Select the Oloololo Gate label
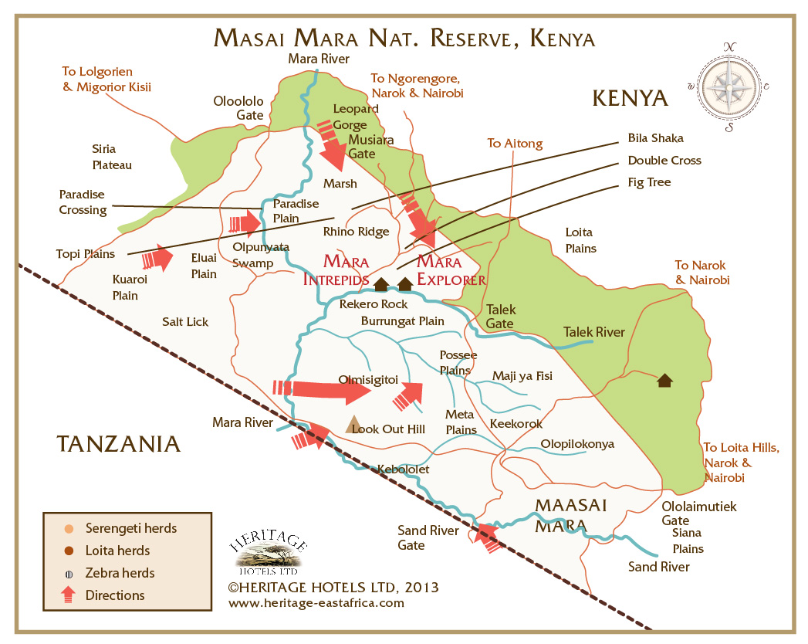tap(238, 108)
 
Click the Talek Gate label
tap(500, 317)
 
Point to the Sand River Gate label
tap(428, 537)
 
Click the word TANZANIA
tap(118, 444)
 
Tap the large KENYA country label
tap(629, 98)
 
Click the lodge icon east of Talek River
tap(664, 380)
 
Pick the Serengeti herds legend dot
tap(69, 529)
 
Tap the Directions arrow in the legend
tap(69, 595)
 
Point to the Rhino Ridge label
tap(356, 231)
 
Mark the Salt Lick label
tap(185, 321)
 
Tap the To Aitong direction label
tap(515, 144)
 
